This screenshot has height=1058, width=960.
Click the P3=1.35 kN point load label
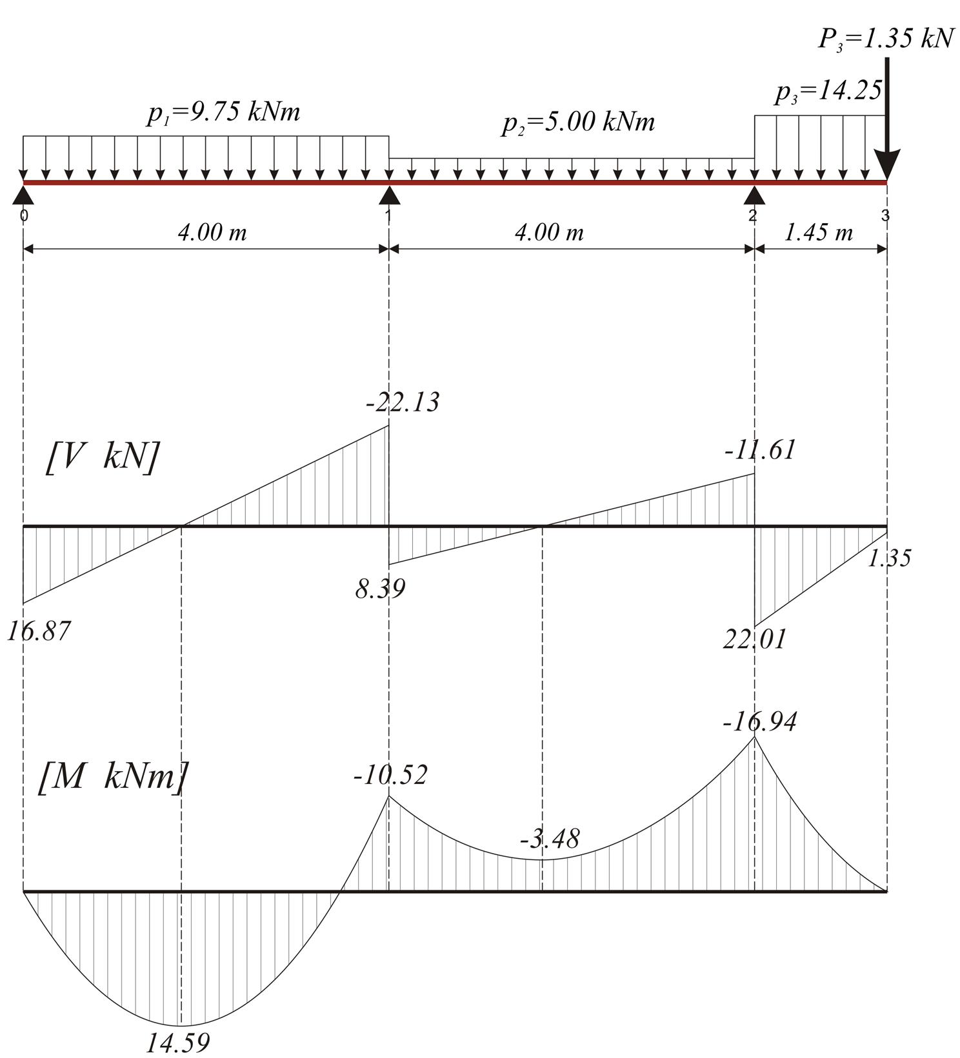(x=885, y=39)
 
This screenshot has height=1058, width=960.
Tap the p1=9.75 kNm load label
(x=223, y=113)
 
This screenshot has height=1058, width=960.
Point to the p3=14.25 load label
(x=828, y=92)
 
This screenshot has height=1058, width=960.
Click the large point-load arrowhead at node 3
(x=887, y=164)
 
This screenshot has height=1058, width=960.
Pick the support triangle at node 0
(x=23, y=195)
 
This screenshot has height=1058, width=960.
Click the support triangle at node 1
(x=389, y=195)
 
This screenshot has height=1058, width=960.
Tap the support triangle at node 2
(x=754, y=195)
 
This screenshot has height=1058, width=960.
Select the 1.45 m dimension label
(x=818, y=232)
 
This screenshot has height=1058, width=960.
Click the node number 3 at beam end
(x=885, y=215)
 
